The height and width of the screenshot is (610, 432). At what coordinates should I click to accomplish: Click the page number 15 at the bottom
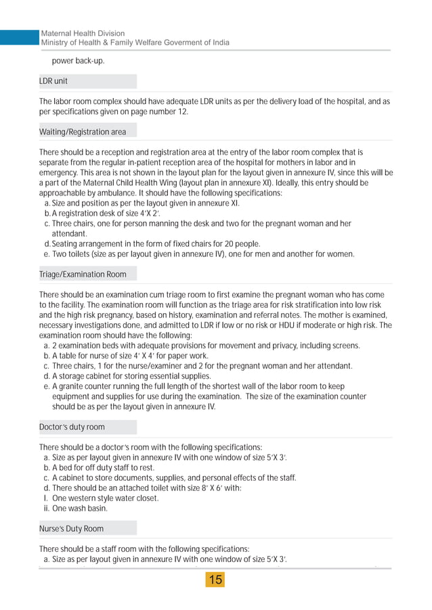click(215, 580)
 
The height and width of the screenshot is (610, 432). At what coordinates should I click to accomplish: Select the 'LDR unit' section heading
click(53, 82)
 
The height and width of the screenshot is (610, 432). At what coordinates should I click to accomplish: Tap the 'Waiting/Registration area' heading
click(83, 131)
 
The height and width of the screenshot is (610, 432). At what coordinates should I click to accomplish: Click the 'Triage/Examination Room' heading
click(82, 275)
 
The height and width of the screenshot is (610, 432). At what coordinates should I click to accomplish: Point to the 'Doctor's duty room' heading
click(72, 427)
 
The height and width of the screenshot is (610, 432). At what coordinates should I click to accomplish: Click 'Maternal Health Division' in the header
click(83, 33)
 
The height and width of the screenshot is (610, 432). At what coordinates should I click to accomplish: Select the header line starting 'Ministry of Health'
click(135, 43)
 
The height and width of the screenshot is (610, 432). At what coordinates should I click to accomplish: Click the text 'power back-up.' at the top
click(78, 61)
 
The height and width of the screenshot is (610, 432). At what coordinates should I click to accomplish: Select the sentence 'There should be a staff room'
click(144, 549)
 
